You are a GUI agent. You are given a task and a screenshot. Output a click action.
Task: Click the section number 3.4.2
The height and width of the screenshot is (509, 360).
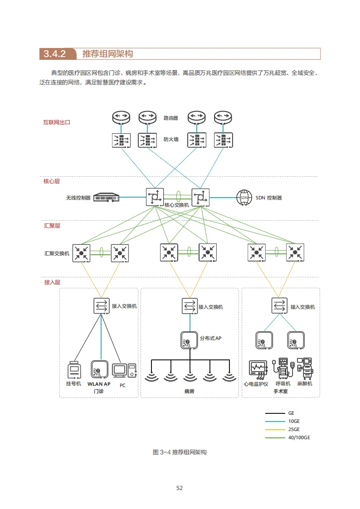coord(55,54)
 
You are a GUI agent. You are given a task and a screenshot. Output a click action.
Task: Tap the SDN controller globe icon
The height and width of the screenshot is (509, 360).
coord(244,197)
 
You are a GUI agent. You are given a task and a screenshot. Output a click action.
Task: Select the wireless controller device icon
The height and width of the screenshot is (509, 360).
coord(106,198)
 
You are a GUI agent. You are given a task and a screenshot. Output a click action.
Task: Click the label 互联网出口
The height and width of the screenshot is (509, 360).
coord(57,122)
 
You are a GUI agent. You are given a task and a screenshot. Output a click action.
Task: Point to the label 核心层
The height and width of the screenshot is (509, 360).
coord(52,181)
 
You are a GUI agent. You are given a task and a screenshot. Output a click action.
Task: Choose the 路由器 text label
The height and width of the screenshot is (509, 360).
coord(171,118)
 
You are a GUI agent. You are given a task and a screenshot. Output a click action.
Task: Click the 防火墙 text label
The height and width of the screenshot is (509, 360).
coord(171,140)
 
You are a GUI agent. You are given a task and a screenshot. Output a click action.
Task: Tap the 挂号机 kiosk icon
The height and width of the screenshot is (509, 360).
coord(74,370)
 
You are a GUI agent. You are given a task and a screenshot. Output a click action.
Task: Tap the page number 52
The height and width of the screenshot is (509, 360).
coord(180,488)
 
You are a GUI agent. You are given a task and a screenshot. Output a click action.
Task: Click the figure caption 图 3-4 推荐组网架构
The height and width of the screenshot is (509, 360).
coord(180,452)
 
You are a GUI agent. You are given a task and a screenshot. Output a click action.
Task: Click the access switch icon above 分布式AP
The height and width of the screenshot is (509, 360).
coord(189,306)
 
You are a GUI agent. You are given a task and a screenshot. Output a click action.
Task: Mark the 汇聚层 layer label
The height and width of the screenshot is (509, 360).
coord(52,225)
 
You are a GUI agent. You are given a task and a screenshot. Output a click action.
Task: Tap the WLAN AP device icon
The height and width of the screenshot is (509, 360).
coord(99,369)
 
